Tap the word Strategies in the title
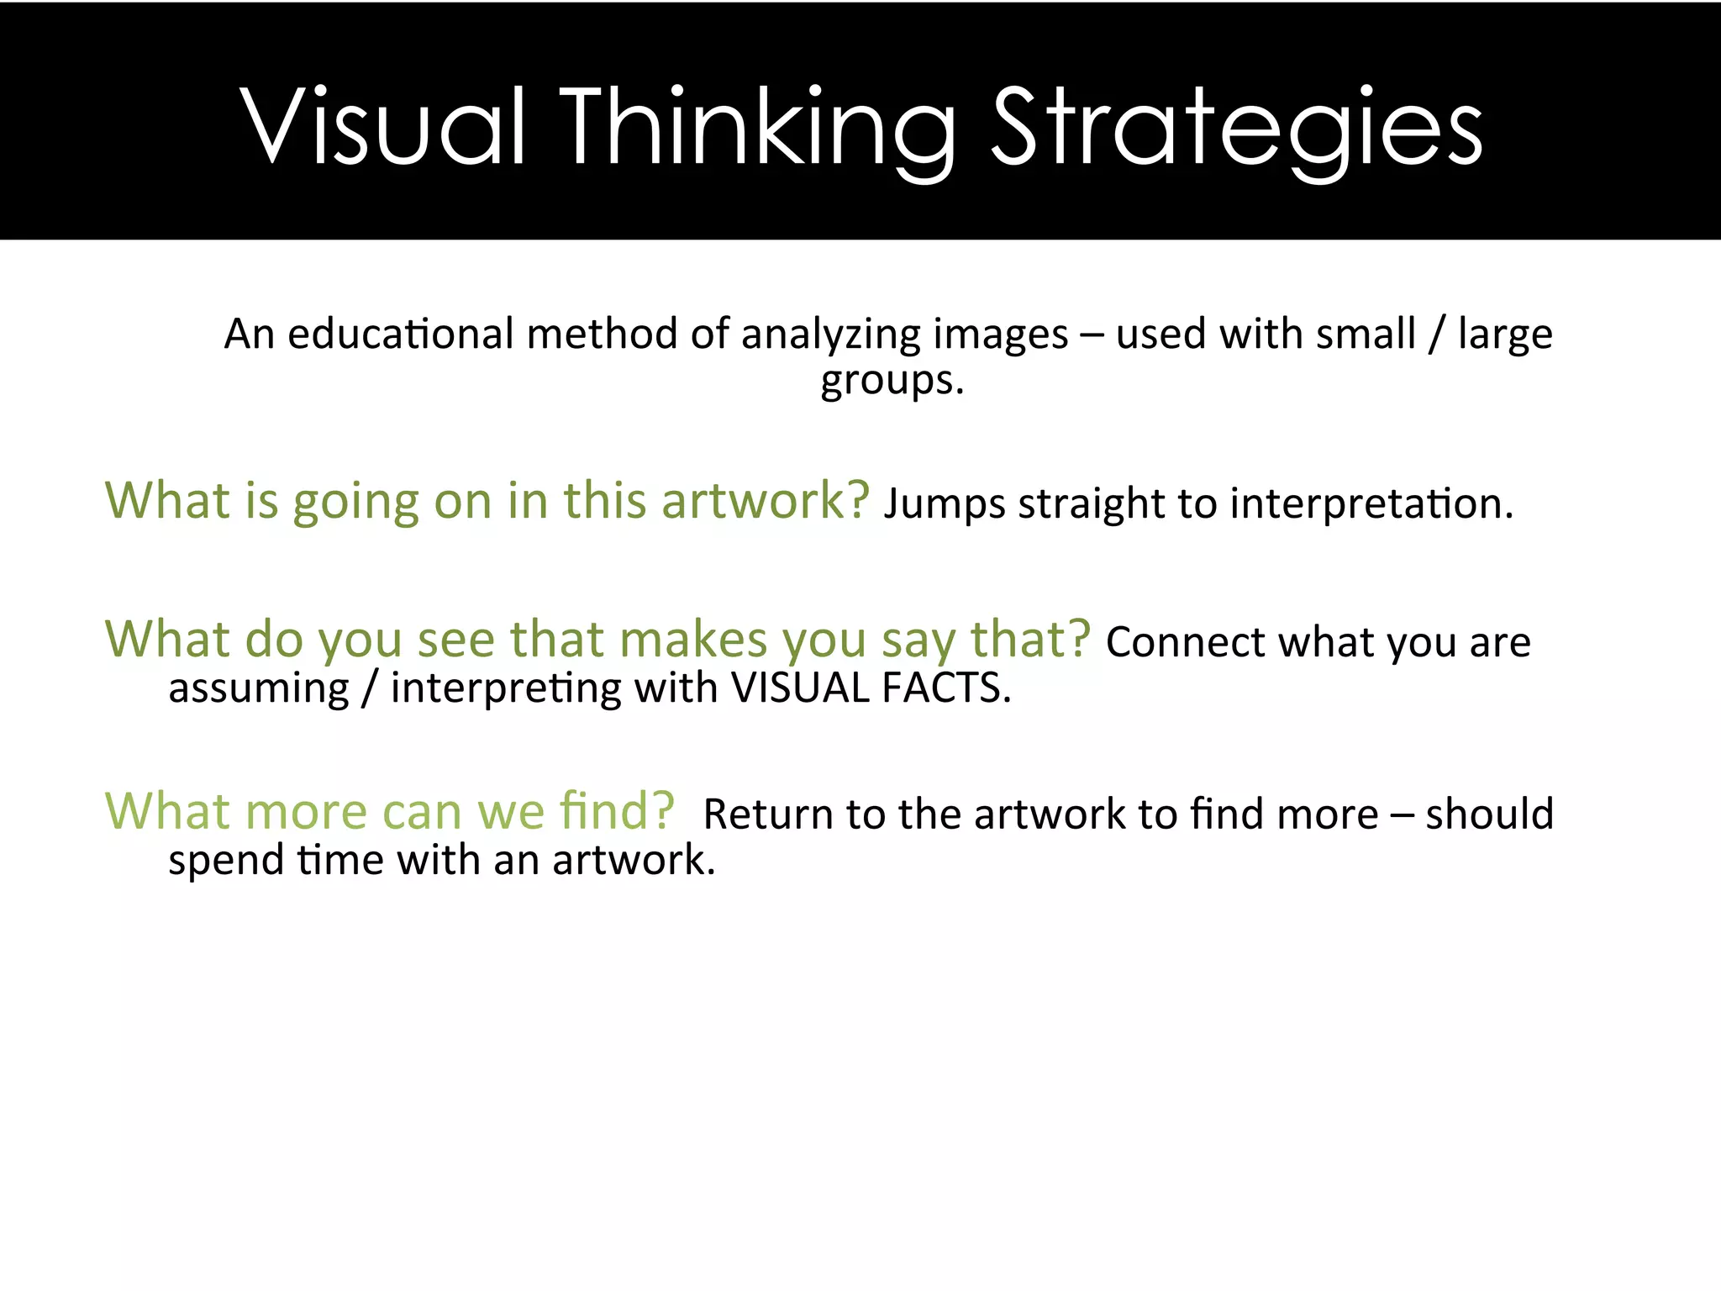coord(1237,128)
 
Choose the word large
coord(1505,335)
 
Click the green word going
coord(355,503)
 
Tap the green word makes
coord(693,640)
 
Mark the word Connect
coord(1185,643)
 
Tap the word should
coord(1489,814)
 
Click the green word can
coord(421,812)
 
